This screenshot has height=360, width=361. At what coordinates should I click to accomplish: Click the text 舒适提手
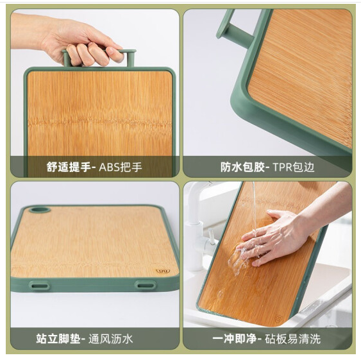pos(69,167)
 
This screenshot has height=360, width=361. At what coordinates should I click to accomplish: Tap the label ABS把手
pos(121,167)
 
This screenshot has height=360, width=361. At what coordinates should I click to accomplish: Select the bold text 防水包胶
pos(242,167)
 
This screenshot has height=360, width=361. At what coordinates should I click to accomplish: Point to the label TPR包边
pos(294,167)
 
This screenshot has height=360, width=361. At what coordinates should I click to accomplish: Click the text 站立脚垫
pos(58,338)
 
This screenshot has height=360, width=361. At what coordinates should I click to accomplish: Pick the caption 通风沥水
pos(111,339)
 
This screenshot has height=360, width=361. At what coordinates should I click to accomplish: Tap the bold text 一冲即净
pos(235,338)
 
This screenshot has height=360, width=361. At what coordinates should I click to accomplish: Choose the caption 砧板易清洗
pos(292,339)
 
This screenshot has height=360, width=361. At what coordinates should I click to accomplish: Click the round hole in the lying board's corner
pos(40,210)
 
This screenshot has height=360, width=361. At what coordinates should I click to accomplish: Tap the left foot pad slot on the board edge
pos(39,286)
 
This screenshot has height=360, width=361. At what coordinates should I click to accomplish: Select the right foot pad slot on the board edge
pos(145,286)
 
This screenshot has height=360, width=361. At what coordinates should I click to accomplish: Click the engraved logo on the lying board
pos(163,271)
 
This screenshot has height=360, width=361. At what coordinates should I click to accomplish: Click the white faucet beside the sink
pos(199,226)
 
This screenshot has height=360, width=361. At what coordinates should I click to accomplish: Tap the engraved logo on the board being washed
pos(279,319)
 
